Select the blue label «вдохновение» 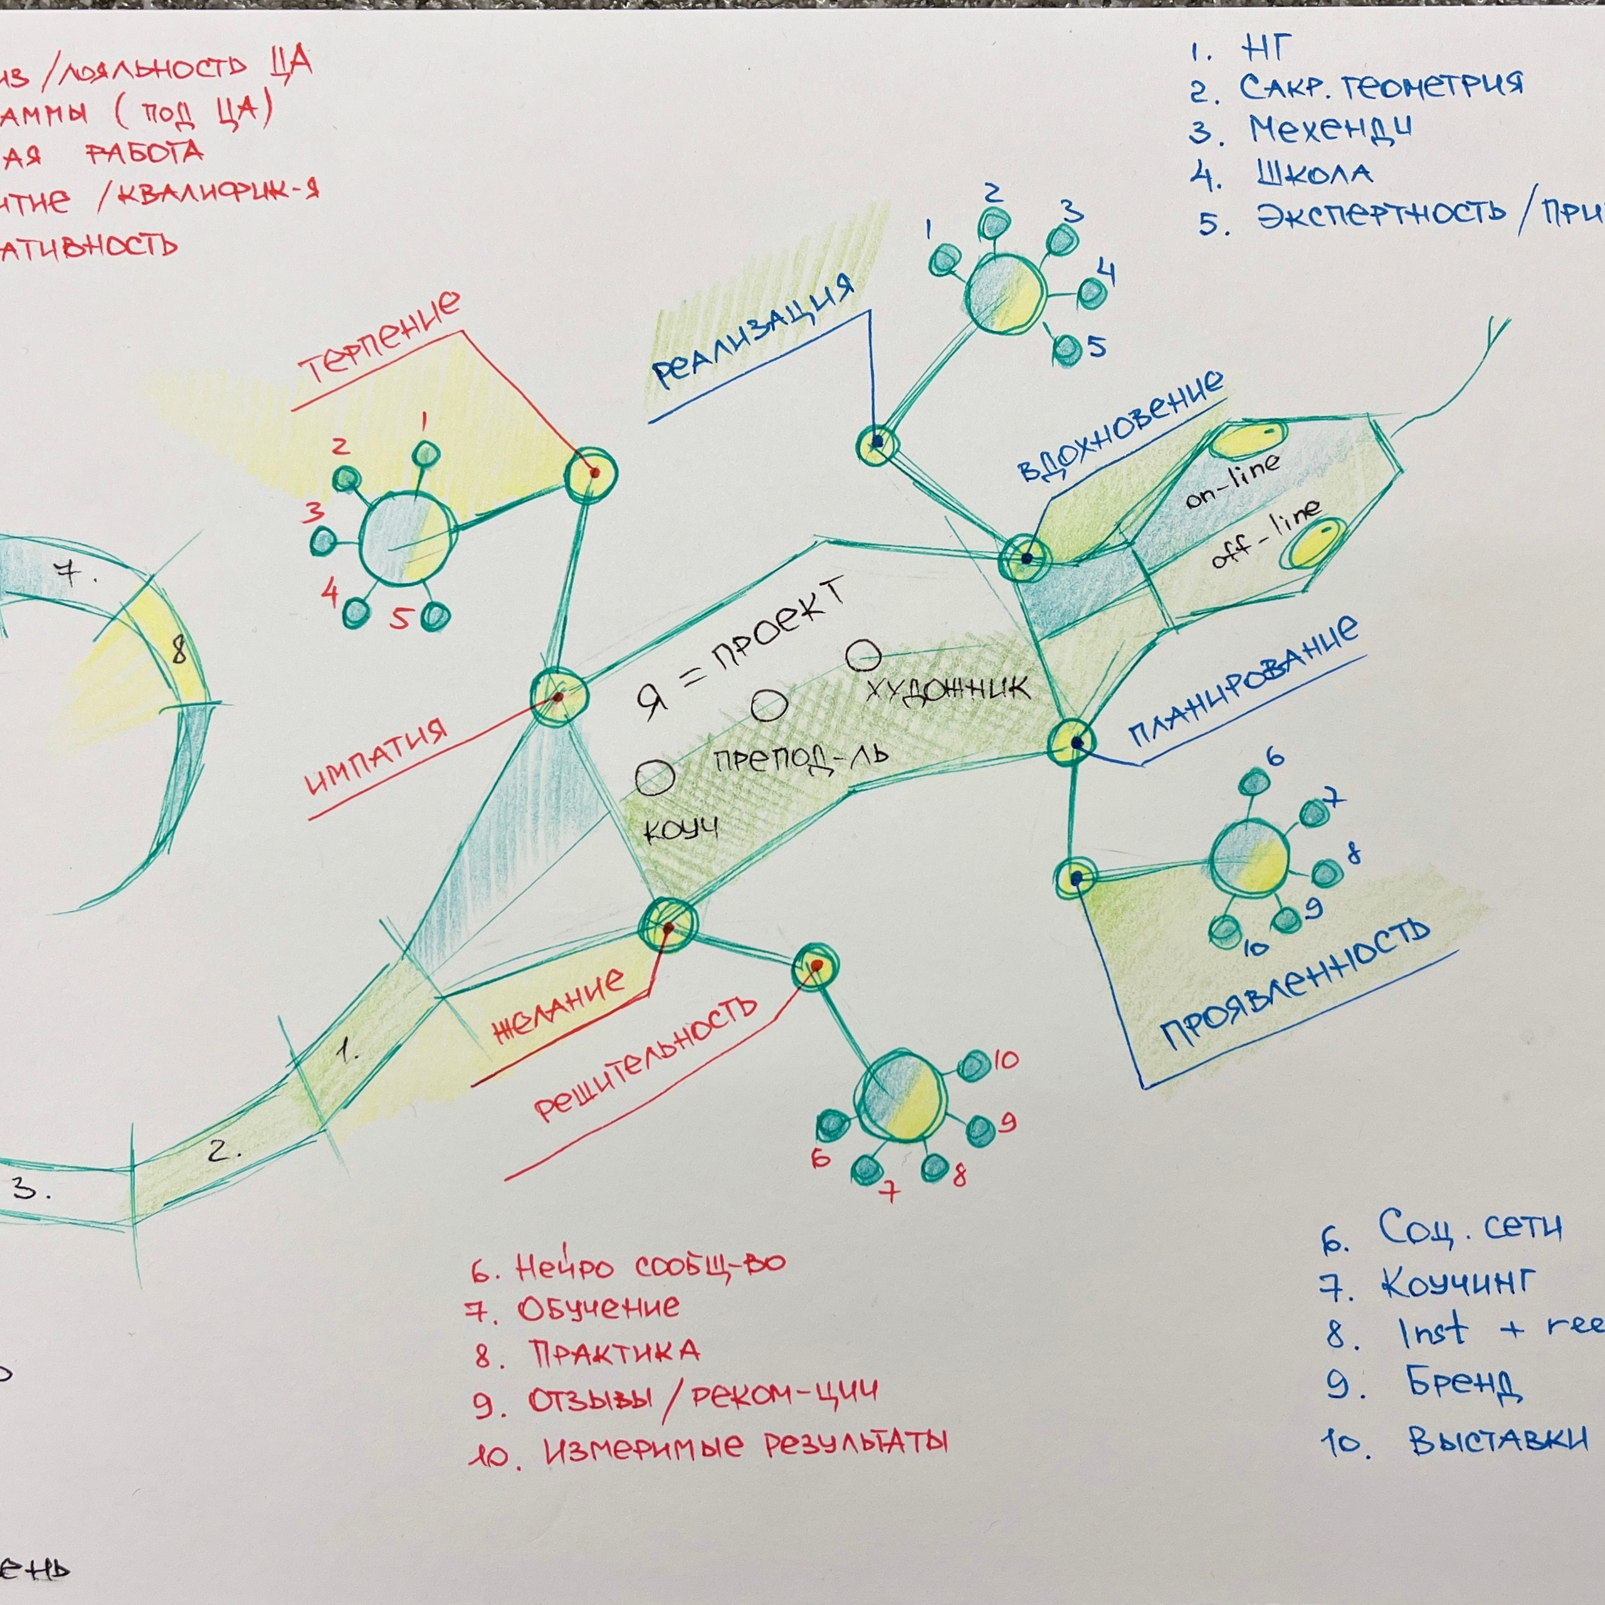(1120, 426)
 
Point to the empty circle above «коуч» (655, 779)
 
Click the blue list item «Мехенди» (1329, 130)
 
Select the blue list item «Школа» (1313, 174)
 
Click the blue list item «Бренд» (1464, 1383)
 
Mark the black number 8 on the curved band (178, 653)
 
